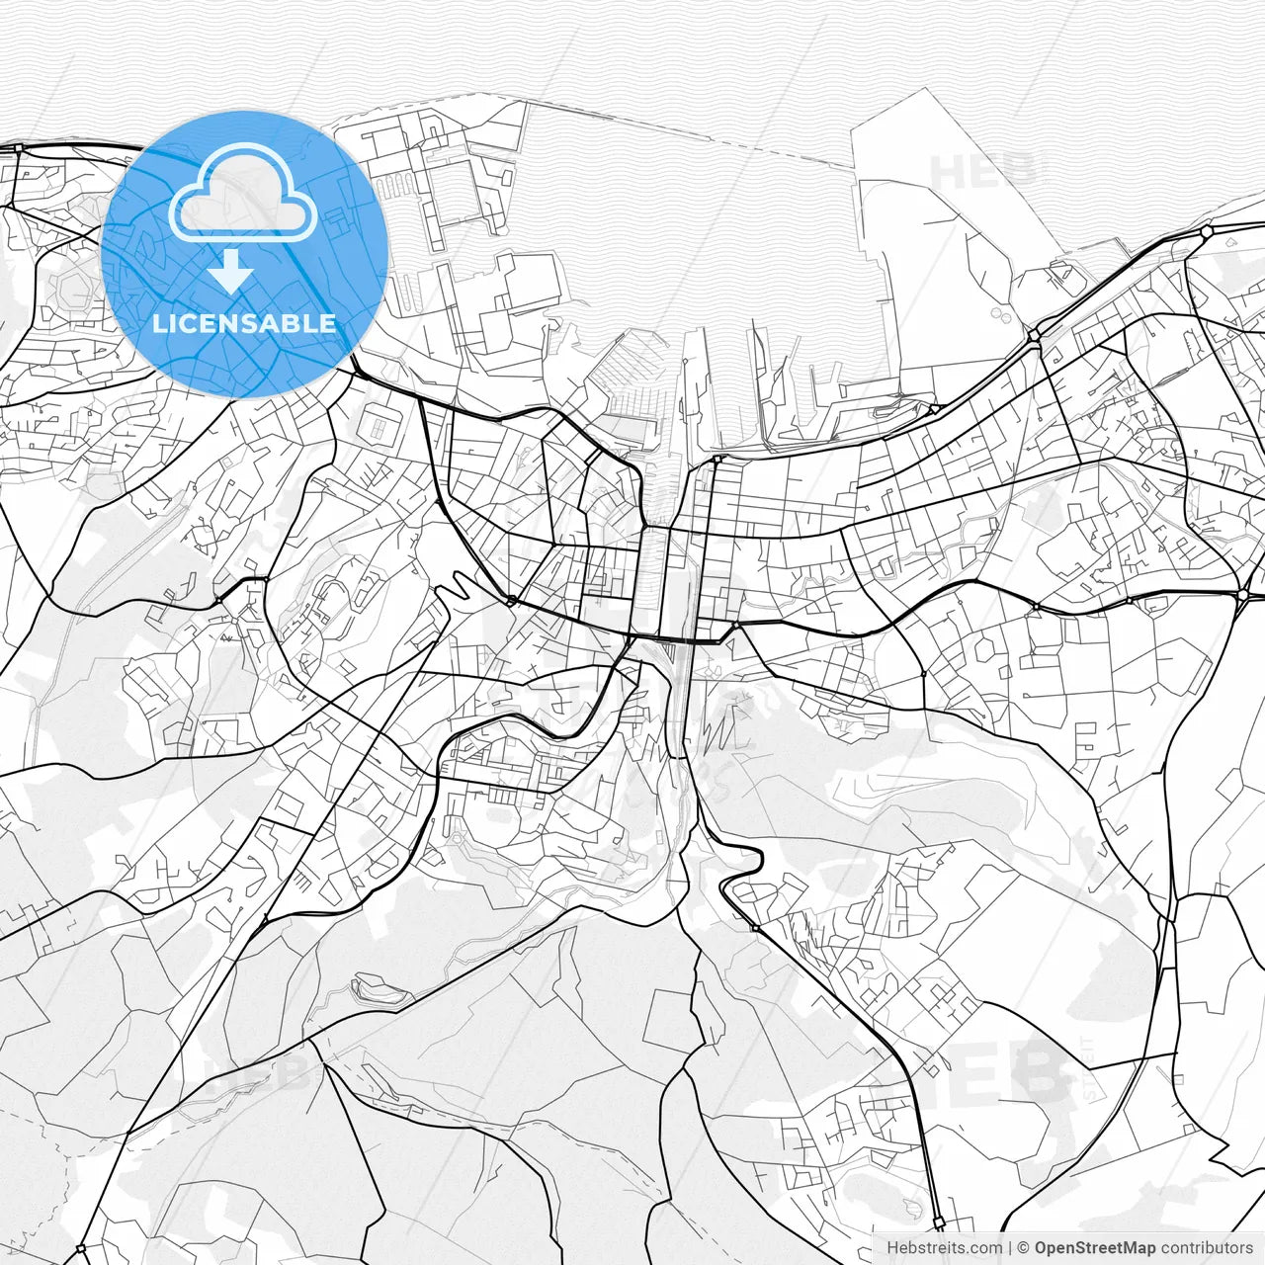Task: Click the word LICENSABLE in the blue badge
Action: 244,323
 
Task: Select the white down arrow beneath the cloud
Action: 231,270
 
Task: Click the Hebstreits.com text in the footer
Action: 943,1247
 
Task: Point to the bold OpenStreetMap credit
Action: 1094,1247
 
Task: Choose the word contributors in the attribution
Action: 1207,1247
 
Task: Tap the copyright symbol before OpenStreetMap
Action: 1024,1247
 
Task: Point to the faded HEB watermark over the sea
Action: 983,170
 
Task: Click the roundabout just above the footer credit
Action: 938,1223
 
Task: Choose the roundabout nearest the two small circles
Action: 1034,336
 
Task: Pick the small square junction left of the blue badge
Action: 18,147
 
